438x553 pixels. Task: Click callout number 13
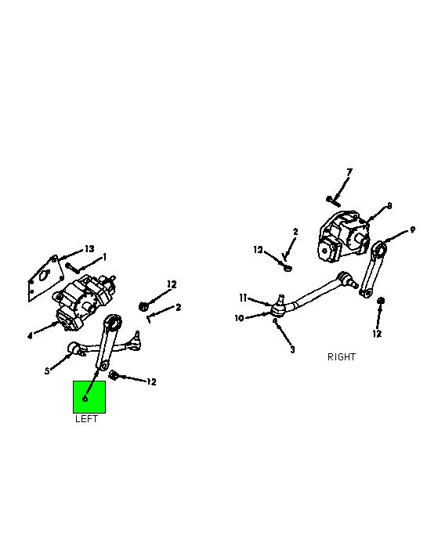(x=89, y=248)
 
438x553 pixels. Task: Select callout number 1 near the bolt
(x=104, y=257)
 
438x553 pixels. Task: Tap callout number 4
(x=30, y=336)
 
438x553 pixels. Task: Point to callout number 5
(x=47, y=371)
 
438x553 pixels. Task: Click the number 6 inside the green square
(x=85, y=399)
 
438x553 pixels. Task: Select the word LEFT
(x=86, y=418)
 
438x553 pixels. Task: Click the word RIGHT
(x=342, y=357)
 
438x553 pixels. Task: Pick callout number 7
(x=349, y=172)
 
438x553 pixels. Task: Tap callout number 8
(x=389, y=205)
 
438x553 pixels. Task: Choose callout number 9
(x=412, y=230)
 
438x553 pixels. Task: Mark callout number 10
(x=239, y=318)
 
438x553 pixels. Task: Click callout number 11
(x=243, y=298)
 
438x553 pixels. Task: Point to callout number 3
(x=292, y=349)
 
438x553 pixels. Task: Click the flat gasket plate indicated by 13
(x=45, y=278)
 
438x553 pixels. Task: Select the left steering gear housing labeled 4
(x=84, y=301)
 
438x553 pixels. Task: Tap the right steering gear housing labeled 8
(x=342, y=237)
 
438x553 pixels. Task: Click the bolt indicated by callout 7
(x=333, y=202)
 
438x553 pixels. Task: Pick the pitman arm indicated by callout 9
(x=373, y=269)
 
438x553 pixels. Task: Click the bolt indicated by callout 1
(x=73, y=268)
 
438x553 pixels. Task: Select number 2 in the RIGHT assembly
(x=295, y=232)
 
